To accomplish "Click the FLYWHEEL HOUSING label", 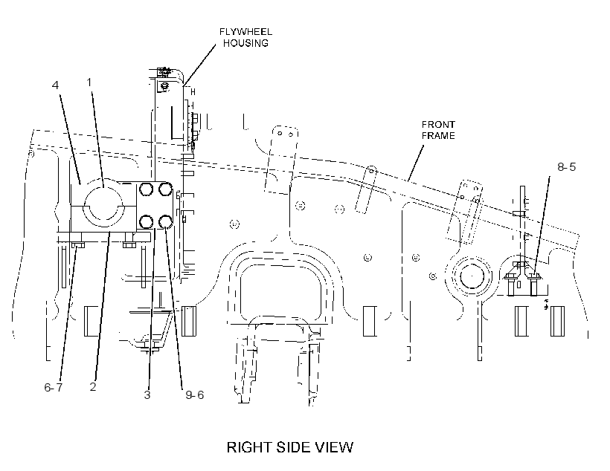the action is [x=245, y=37].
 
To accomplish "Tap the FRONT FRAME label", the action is [x=438, y=130].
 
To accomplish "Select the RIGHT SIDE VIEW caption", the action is [x=290, y=447].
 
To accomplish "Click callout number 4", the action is [x=55, y=85].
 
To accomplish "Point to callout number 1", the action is [x=89, y=82].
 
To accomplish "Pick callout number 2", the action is [x=92, y=386].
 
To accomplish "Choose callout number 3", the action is [x=147, y=394].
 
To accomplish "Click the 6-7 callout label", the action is [x=54, y=388].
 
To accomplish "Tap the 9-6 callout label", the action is [x=194, y=394].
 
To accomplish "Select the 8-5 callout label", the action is [x=566, y=166].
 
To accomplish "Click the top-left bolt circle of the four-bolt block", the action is [x=147, y=189].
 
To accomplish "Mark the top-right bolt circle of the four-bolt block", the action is [x=165, y=189].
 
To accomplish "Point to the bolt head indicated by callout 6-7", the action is [x=78, y=245].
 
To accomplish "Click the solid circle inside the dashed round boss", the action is [x=472, y=276].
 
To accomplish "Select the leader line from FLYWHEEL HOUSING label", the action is [x=200, y=64].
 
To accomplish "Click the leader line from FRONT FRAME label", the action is [x=416, y=163].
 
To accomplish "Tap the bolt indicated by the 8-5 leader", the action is [x=536, y=283].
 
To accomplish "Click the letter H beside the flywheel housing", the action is [x=193, y=92].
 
